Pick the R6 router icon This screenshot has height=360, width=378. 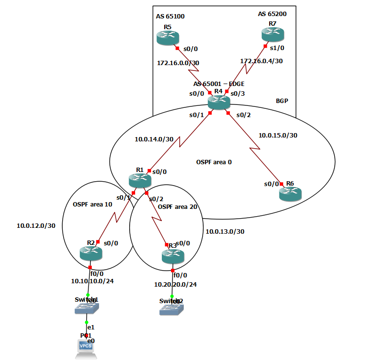coord(291,193)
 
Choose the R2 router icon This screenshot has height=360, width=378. coord(91,253)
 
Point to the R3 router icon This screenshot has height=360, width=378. coord(172,256)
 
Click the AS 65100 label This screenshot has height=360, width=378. coord(170,17)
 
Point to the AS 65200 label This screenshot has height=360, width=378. coord(272,14)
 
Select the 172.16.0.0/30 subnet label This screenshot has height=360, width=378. coord(178,63)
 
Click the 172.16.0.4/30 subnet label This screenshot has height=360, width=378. coord(261,61)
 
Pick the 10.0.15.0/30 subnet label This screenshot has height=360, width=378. coord(278,136)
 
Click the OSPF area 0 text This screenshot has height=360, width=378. coord(213,162)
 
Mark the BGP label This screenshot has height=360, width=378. coord(282,101)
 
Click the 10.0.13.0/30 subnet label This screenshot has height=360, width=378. coord(225,232)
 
